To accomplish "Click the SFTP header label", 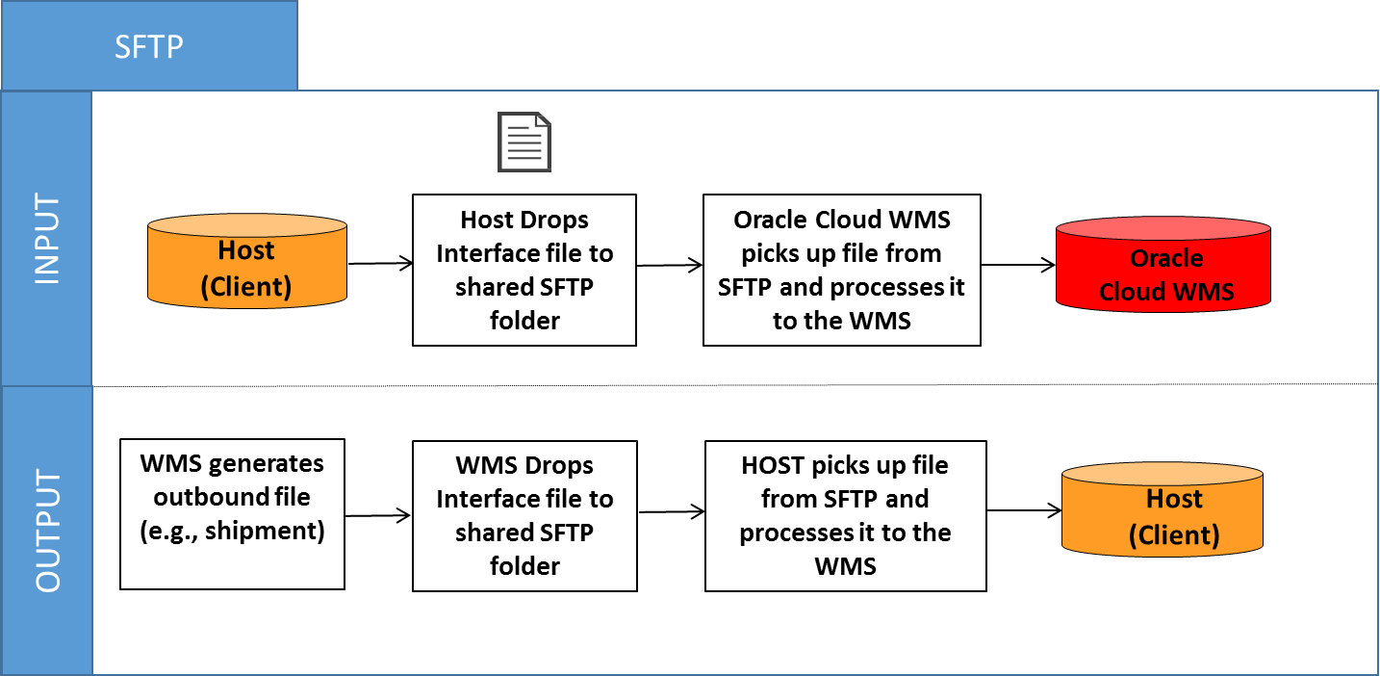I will [x=149, y=46].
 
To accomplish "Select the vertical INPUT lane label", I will [x=47, y=239].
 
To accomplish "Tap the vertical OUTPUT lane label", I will [x=47, y=531].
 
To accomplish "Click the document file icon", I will [x=524, y=143].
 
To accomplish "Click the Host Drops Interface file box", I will [x=524, y=270].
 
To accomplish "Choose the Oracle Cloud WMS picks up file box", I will [x=842, y=270].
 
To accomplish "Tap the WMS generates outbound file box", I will [x=232, y=514].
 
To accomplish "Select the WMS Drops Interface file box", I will [x=524, y=515].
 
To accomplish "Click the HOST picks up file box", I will [x=846, y=515].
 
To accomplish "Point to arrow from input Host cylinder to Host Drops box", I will [x=379, y=262].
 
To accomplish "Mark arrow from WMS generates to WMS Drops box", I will [x=378, y=517].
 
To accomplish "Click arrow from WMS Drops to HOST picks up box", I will [x=671, y=512].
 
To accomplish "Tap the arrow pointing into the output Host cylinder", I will [x=1023, y=509].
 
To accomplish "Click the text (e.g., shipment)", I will [x=232, y=531].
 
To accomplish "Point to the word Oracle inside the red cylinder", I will [x=1166, y=258].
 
